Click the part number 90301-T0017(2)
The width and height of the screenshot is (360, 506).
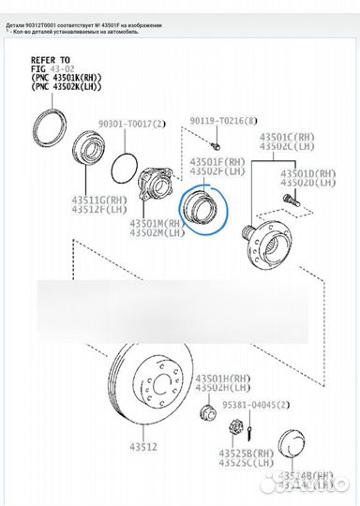point(131,124)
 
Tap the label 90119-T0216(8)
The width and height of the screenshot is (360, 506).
point(222,121)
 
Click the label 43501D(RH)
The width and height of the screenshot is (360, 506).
point(308,172)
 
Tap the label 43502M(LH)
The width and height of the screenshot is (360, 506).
point(159,232)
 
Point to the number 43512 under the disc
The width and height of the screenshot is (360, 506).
point(142,448)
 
